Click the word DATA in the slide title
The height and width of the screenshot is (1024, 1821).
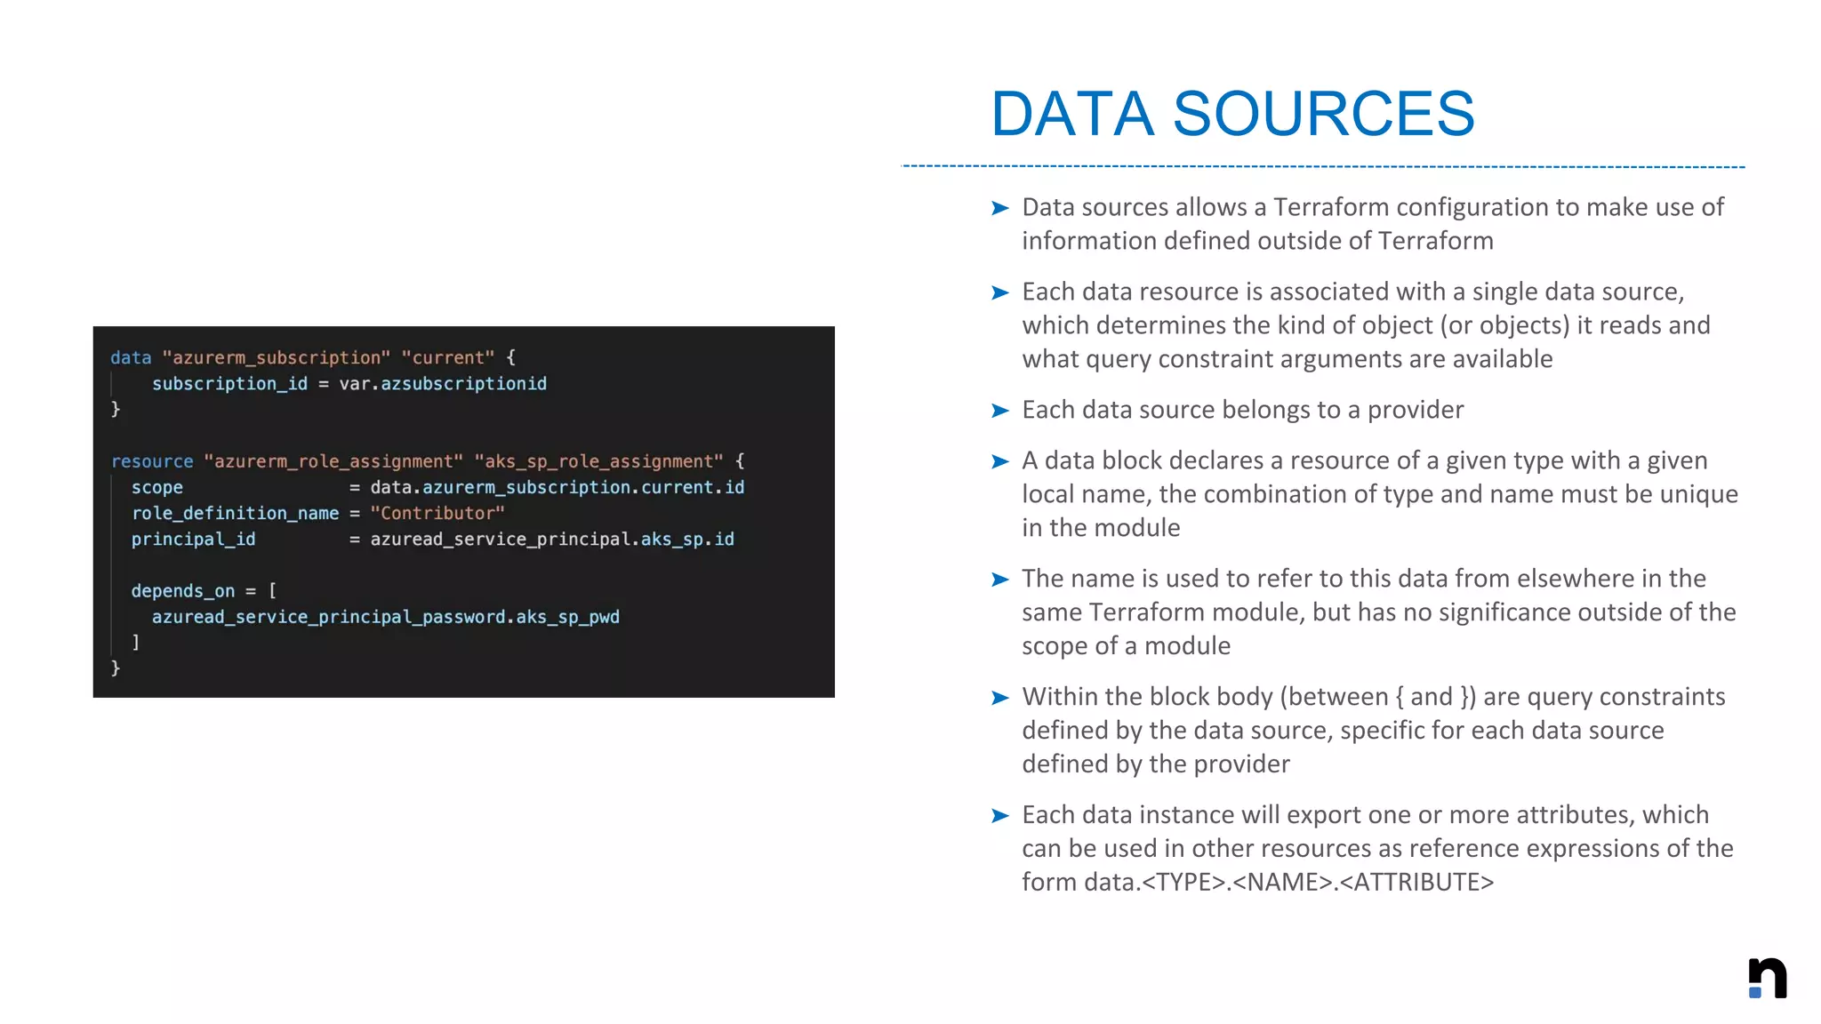1072,115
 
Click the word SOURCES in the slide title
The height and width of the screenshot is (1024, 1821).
1324,115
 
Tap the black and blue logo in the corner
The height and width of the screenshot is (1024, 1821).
1767,978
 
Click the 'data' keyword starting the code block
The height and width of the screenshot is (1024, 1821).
131,357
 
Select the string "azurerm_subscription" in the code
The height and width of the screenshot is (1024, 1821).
277,357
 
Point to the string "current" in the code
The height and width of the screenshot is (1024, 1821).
448,357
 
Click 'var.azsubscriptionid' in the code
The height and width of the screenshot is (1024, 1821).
443,383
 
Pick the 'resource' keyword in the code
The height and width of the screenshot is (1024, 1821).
152,461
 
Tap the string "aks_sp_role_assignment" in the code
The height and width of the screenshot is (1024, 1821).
599,461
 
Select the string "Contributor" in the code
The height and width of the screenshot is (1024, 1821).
437,513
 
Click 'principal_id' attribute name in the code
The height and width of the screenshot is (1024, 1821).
193,539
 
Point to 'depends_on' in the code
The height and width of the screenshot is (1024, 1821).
183,590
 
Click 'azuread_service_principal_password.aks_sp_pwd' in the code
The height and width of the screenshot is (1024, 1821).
386,616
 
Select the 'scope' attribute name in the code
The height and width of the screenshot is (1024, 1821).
157,487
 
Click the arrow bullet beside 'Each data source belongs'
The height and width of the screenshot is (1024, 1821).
1000,411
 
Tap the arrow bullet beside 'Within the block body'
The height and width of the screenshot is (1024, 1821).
1000,698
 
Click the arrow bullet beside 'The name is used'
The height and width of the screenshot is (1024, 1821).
1000,580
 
